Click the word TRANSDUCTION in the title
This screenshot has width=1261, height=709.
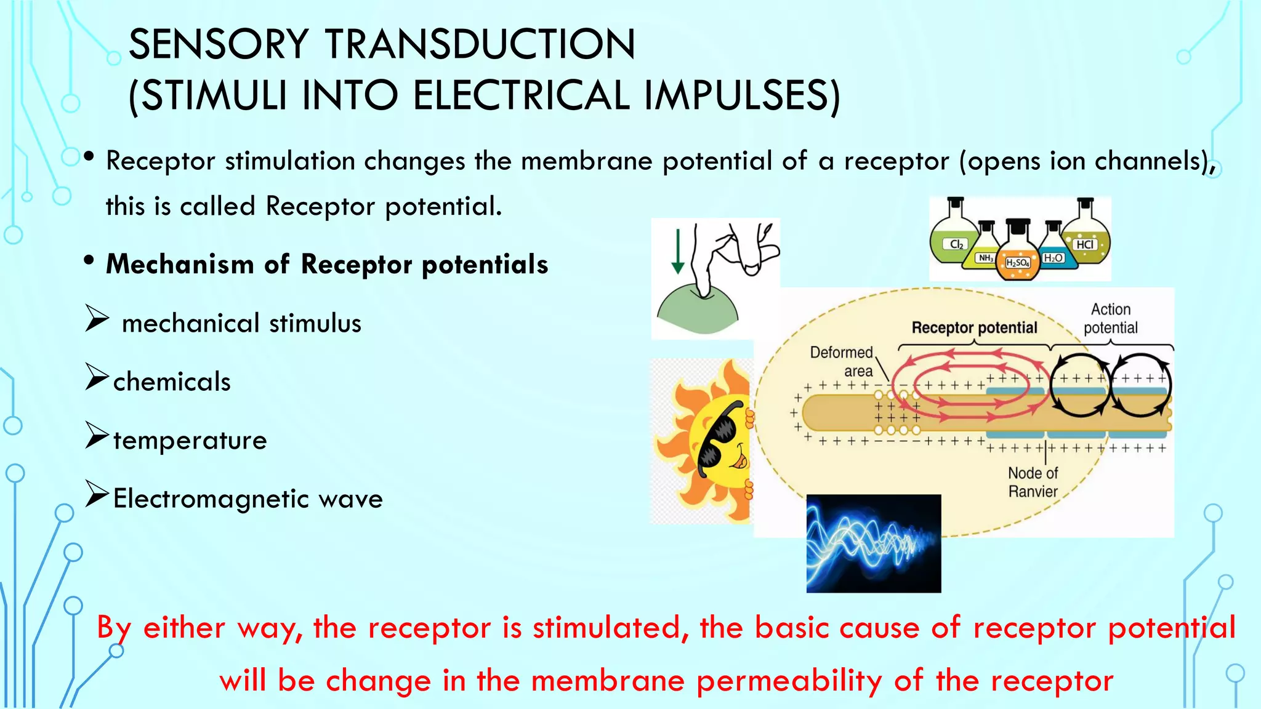pyautogui.click(x=480, y=44)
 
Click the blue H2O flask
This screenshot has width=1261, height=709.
pyautogui.click(x=1054, y=256)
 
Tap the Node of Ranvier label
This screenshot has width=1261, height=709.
pyautogui.click(x=1033, y=482)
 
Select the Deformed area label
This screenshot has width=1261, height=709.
pyautogui.click(x=842, y=361)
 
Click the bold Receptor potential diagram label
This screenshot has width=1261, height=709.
pyautogui.click(x=974, y=327)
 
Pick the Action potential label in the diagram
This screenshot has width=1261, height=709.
pyautogui.click(x=1111, y=318)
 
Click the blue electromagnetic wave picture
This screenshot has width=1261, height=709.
pyautogui.click(x=874, y=543)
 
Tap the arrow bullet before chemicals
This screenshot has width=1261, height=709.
pyautogui.click(x=97, y=377)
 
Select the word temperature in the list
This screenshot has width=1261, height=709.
pyautogui.click(x=190, y=440)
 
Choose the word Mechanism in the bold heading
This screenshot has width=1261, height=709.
pyautogui.click(x=180, y=264)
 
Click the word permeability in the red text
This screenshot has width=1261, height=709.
pyautogui.click(x=790, y=681)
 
